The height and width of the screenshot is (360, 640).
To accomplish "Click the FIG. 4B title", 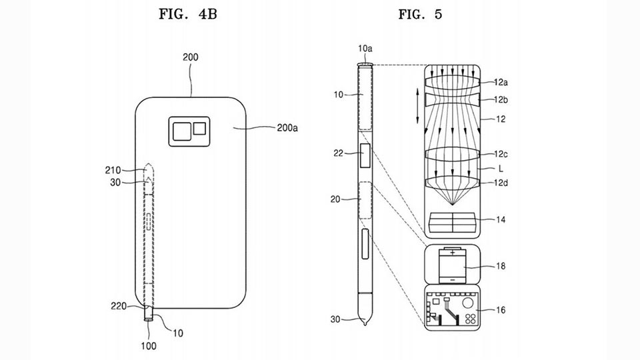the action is click(188, 14).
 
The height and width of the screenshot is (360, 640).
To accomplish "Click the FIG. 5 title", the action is click(420, 14).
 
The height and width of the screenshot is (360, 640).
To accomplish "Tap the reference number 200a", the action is click(287, 128).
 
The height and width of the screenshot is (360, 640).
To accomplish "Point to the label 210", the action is click(113, 170).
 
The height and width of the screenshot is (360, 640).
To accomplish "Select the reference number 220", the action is click(119, 306).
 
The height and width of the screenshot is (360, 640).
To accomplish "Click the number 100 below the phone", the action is click(149, 346).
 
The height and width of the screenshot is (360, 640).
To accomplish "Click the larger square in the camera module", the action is click(181, 131).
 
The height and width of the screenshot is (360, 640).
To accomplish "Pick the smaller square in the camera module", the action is click(199, 128).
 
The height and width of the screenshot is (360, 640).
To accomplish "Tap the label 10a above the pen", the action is click(365, 49).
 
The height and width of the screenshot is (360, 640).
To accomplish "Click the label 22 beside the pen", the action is click(339, 153).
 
